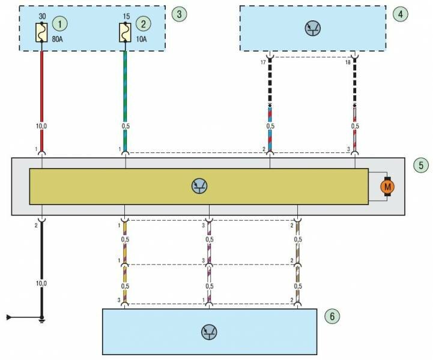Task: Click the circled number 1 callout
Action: coord(59,23)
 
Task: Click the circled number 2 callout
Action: coord(144,23)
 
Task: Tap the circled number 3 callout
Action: coord(177,13)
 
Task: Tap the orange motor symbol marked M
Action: coord(387,187)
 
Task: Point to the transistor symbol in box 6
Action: coord(210,332)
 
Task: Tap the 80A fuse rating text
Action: coord(58,41)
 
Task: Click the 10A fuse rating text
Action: coord(142,41)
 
